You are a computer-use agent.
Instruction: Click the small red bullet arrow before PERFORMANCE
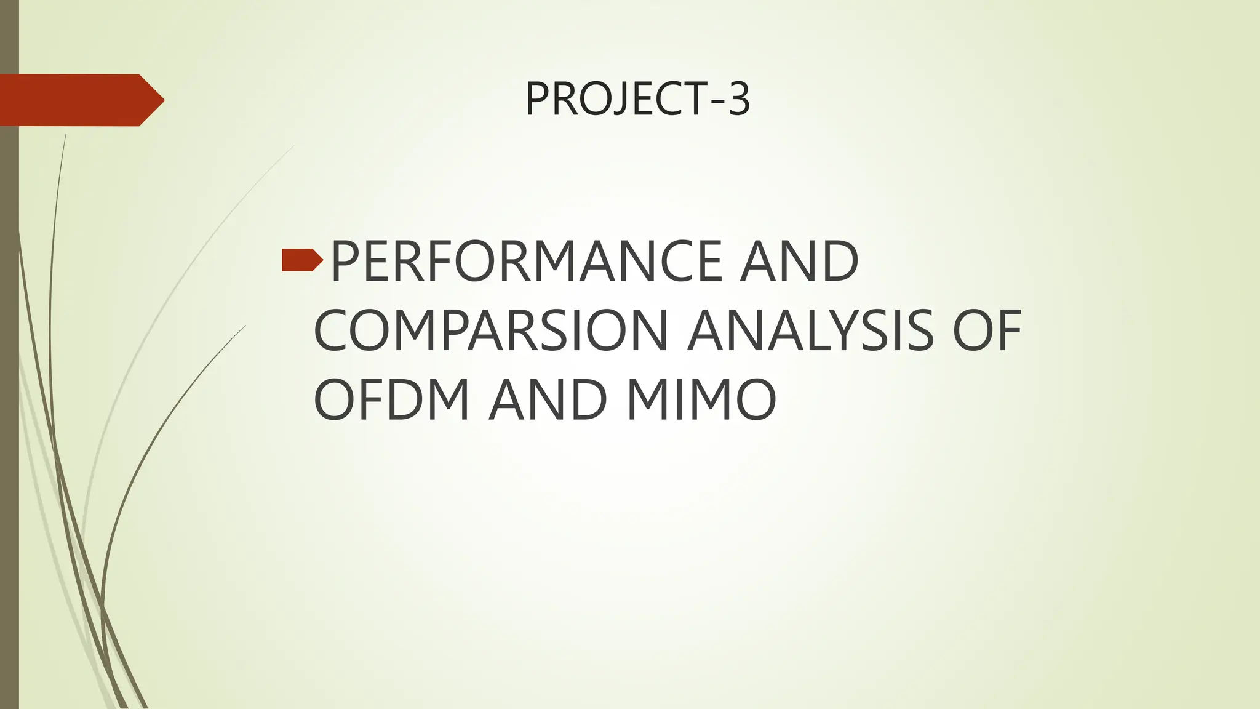[x=302, y=261]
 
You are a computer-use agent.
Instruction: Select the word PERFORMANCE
[x=525, y=261]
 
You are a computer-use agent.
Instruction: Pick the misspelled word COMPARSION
[x=491, y=330]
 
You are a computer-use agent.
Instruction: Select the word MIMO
[x=701, y=399]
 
